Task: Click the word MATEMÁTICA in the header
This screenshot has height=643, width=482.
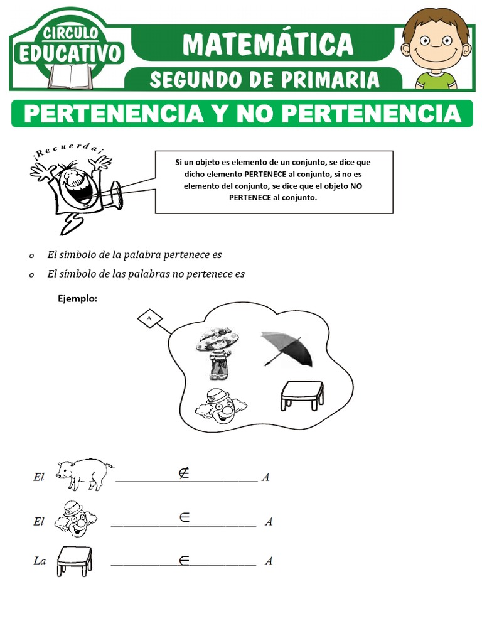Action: tap(269, 44)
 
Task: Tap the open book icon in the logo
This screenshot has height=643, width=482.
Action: tap(70, 77)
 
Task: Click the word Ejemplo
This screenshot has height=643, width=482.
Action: tap(77, 298)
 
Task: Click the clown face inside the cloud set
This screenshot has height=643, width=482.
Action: tap(221, 406)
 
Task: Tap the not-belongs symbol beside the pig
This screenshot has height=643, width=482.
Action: tap(183, 473)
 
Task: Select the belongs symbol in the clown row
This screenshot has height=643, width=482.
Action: tap(185, 517)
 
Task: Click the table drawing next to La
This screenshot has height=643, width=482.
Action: tap(75, 560)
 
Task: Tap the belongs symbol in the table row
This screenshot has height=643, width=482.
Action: tap(184, 561)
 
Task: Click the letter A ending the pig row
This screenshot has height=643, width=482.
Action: tap(265, 478)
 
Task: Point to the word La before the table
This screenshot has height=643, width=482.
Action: tap(40, 561)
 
